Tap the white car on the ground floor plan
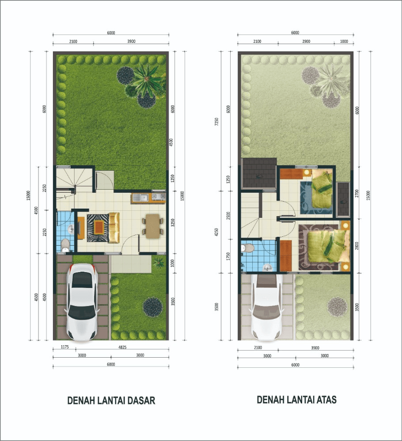click(x=82, y=302)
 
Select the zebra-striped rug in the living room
click(x=97, y=228)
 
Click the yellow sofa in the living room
click(x=114, y=227)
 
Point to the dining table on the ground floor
click(x=153, y=226)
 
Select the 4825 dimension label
click(x=121, y=348)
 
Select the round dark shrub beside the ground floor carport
click(x=153, y=306)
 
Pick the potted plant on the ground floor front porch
click(x=158, y=264)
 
